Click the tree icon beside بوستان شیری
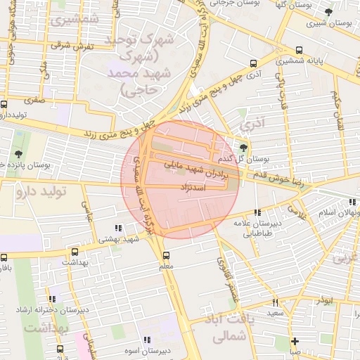click(328, 13)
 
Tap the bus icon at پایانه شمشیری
click(300, 50)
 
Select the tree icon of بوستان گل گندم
click(243, 147)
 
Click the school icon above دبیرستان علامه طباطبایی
click(257, 212)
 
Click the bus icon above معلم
click(166, 256)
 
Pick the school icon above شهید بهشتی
click(117, 227)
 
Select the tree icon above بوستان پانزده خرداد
click(17, 153)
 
